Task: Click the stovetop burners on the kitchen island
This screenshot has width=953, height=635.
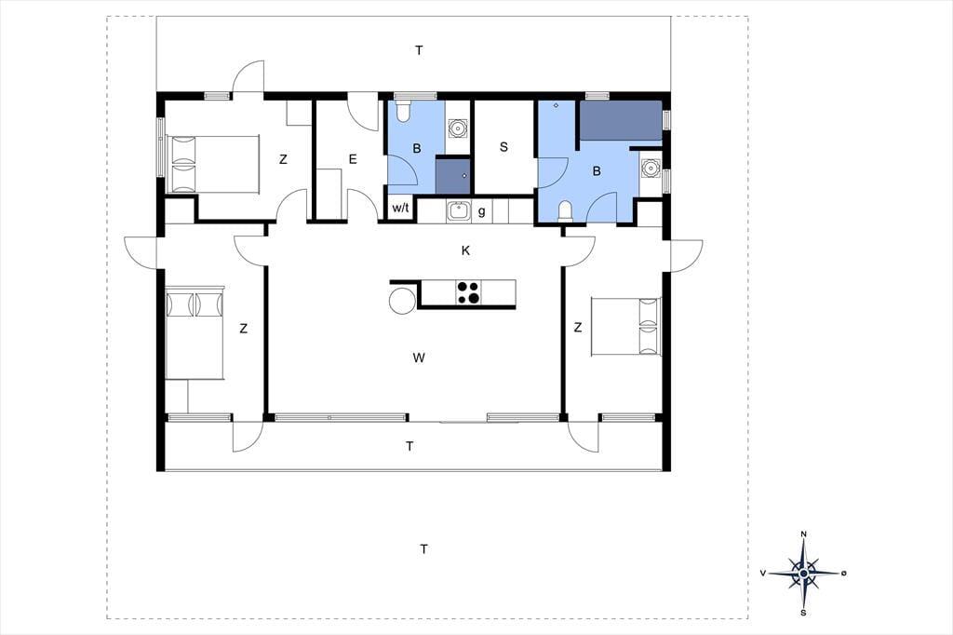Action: tap(468, 291)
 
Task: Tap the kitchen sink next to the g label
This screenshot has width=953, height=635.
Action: tap(458, 211)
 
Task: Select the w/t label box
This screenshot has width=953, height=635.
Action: tap(400, 208)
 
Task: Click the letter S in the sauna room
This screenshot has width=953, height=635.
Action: tap(503, 146)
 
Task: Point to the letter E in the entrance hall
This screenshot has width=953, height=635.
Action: tap(353, 159)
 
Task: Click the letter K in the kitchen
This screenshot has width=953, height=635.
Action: tap(465, 250)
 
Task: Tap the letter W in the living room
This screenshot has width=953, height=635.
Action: tap(418, 358)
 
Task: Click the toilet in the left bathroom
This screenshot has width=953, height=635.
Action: tap(403, 111)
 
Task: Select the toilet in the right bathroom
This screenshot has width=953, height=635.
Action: tap(566, 211)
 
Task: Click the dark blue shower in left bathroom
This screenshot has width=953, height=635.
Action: tap(453, 175)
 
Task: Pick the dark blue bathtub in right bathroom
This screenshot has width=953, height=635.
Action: tap(621, 121)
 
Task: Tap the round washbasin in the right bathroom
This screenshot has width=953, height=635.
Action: tap(651, 167)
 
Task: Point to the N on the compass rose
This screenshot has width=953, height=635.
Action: tap(803, 534)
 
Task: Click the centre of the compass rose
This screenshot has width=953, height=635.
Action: tap(803, 573)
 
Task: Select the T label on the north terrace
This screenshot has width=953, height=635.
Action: tap(419, 50)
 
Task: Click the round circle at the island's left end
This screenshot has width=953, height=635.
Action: tap(402, 301)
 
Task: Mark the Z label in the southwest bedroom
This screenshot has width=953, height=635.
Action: tap(243, 329)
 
